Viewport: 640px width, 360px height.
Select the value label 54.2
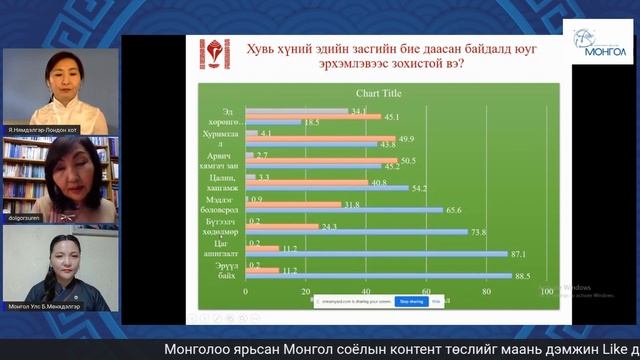[420, 187]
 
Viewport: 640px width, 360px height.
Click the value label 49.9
[407, 138]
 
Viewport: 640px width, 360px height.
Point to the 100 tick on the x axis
[547, 292]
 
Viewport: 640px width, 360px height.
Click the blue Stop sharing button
[411, 300]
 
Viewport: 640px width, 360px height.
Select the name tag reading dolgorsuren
[28, 216]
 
